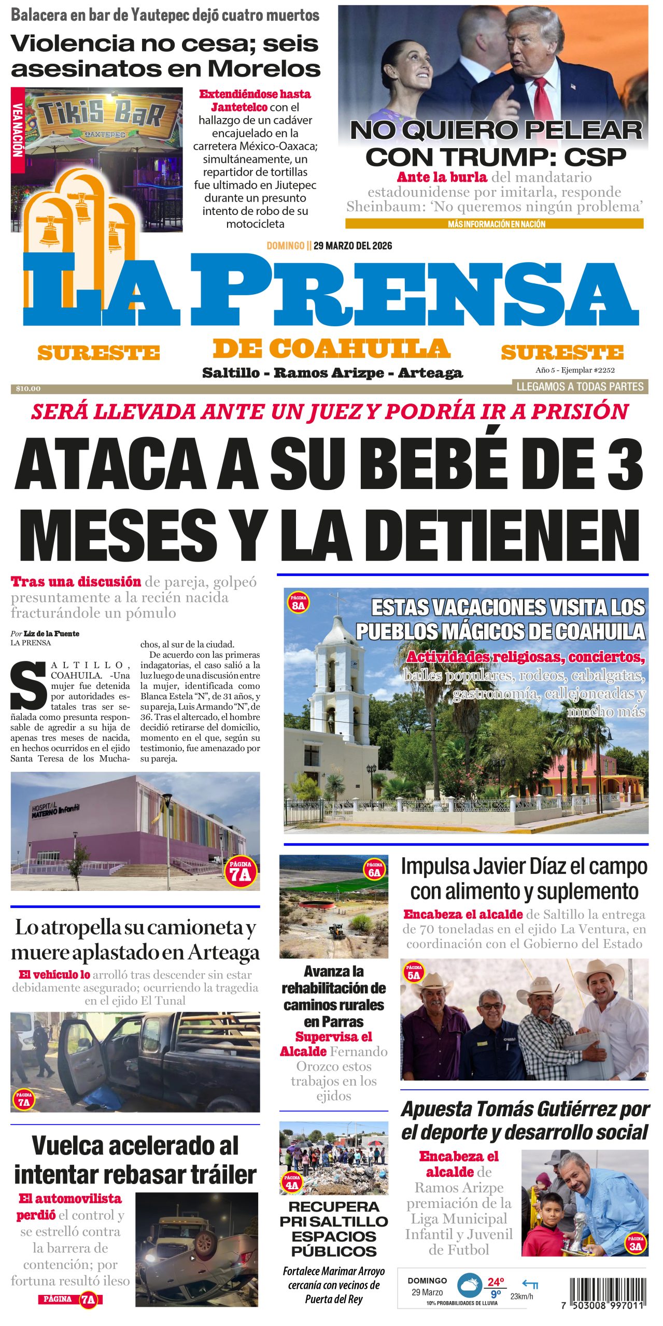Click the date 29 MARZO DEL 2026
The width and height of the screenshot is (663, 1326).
coord(352,246)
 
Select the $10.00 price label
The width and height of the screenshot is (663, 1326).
coord(28,388)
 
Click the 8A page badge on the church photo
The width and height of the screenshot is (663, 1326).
coord(298,603)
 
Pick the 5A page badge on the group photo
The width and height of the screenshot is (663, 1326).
coord(414,973)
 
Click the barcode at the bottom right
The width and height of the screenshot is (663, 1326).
coord(607,1293)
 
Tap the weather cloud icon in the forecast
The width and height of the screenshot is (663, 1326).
coord(470,1285)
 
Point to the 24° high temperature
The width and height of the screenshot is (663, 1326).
coord(496,1281)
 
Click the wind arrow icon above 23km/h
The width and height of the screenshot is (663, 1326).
coord(530,1284)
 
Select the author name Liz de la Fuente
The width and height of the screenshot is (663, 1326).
coord(51,633)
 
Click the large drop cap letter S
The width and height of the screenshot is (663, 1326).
coord(29,686)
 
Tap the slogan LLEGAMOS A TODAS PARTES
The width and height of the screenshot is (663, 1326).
coord(580,386)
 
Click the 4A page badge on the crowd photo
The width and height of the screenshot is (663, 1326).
coord(292,1184)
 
